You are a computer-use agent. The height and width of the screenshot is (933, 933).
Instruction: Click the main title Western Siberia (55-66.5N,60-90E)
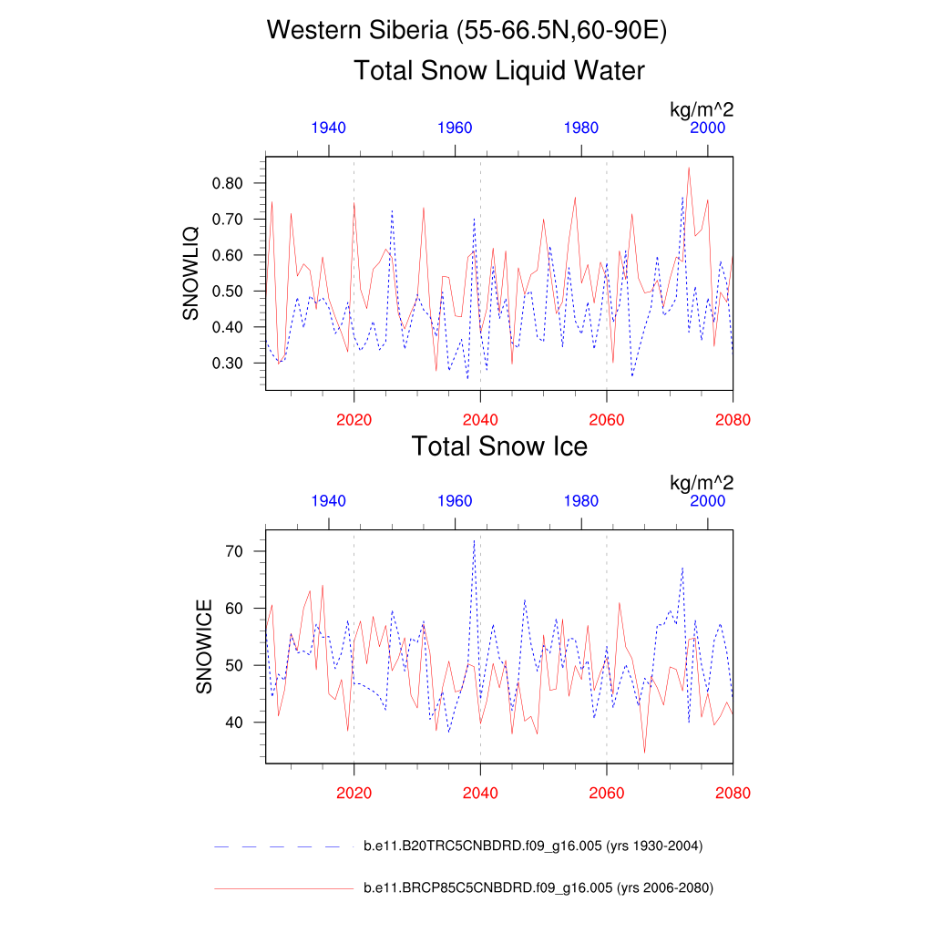(x=466, y=31)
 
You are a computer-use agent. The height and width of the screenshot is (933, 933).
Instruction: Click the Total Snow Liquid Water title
(x=498, y=71)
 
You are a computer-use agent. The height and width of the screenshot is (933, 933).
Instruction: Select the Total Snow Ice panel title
(x=498, y=446)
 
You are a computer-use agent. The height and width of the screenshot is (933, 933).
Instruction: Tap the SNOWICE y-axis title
(x=204, y=647)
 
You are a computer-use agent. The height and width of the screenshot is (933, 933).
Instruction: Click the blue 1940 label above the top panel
(x=328, y=128)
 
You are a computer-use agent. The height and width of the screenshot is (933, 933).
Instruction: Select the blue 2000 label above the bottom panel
(x=708, y=501)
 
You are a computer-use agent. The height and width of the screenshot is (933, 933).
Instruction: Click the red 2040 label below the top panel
(x=480, y=420)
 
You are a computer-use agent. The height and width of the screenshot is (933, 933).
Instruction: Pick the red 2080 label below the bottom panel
(x=733, y=794)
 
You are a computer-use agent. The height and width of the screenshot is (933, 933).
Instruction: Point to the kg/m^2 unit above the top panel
(x=702, y=110)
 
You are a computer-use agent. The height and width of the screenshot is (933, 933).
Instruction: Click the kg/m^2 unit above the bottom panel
(x=702, y=483)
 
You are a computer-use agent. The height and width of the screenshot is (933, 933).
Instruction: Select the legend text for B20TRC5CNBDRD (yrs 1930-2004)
(x=533, y=846)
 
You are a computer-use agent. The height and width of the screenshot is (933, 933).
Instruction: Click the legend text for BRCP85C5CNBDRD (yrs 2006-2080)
(x=538, y=887)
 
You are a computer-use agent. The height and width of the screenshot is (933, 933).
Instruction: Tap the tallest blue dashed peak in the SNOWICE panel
(x=474, y=540)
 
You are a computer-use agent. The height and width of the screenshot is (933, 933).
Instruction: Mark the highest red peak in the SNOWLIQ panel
(x=689, y=168)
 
